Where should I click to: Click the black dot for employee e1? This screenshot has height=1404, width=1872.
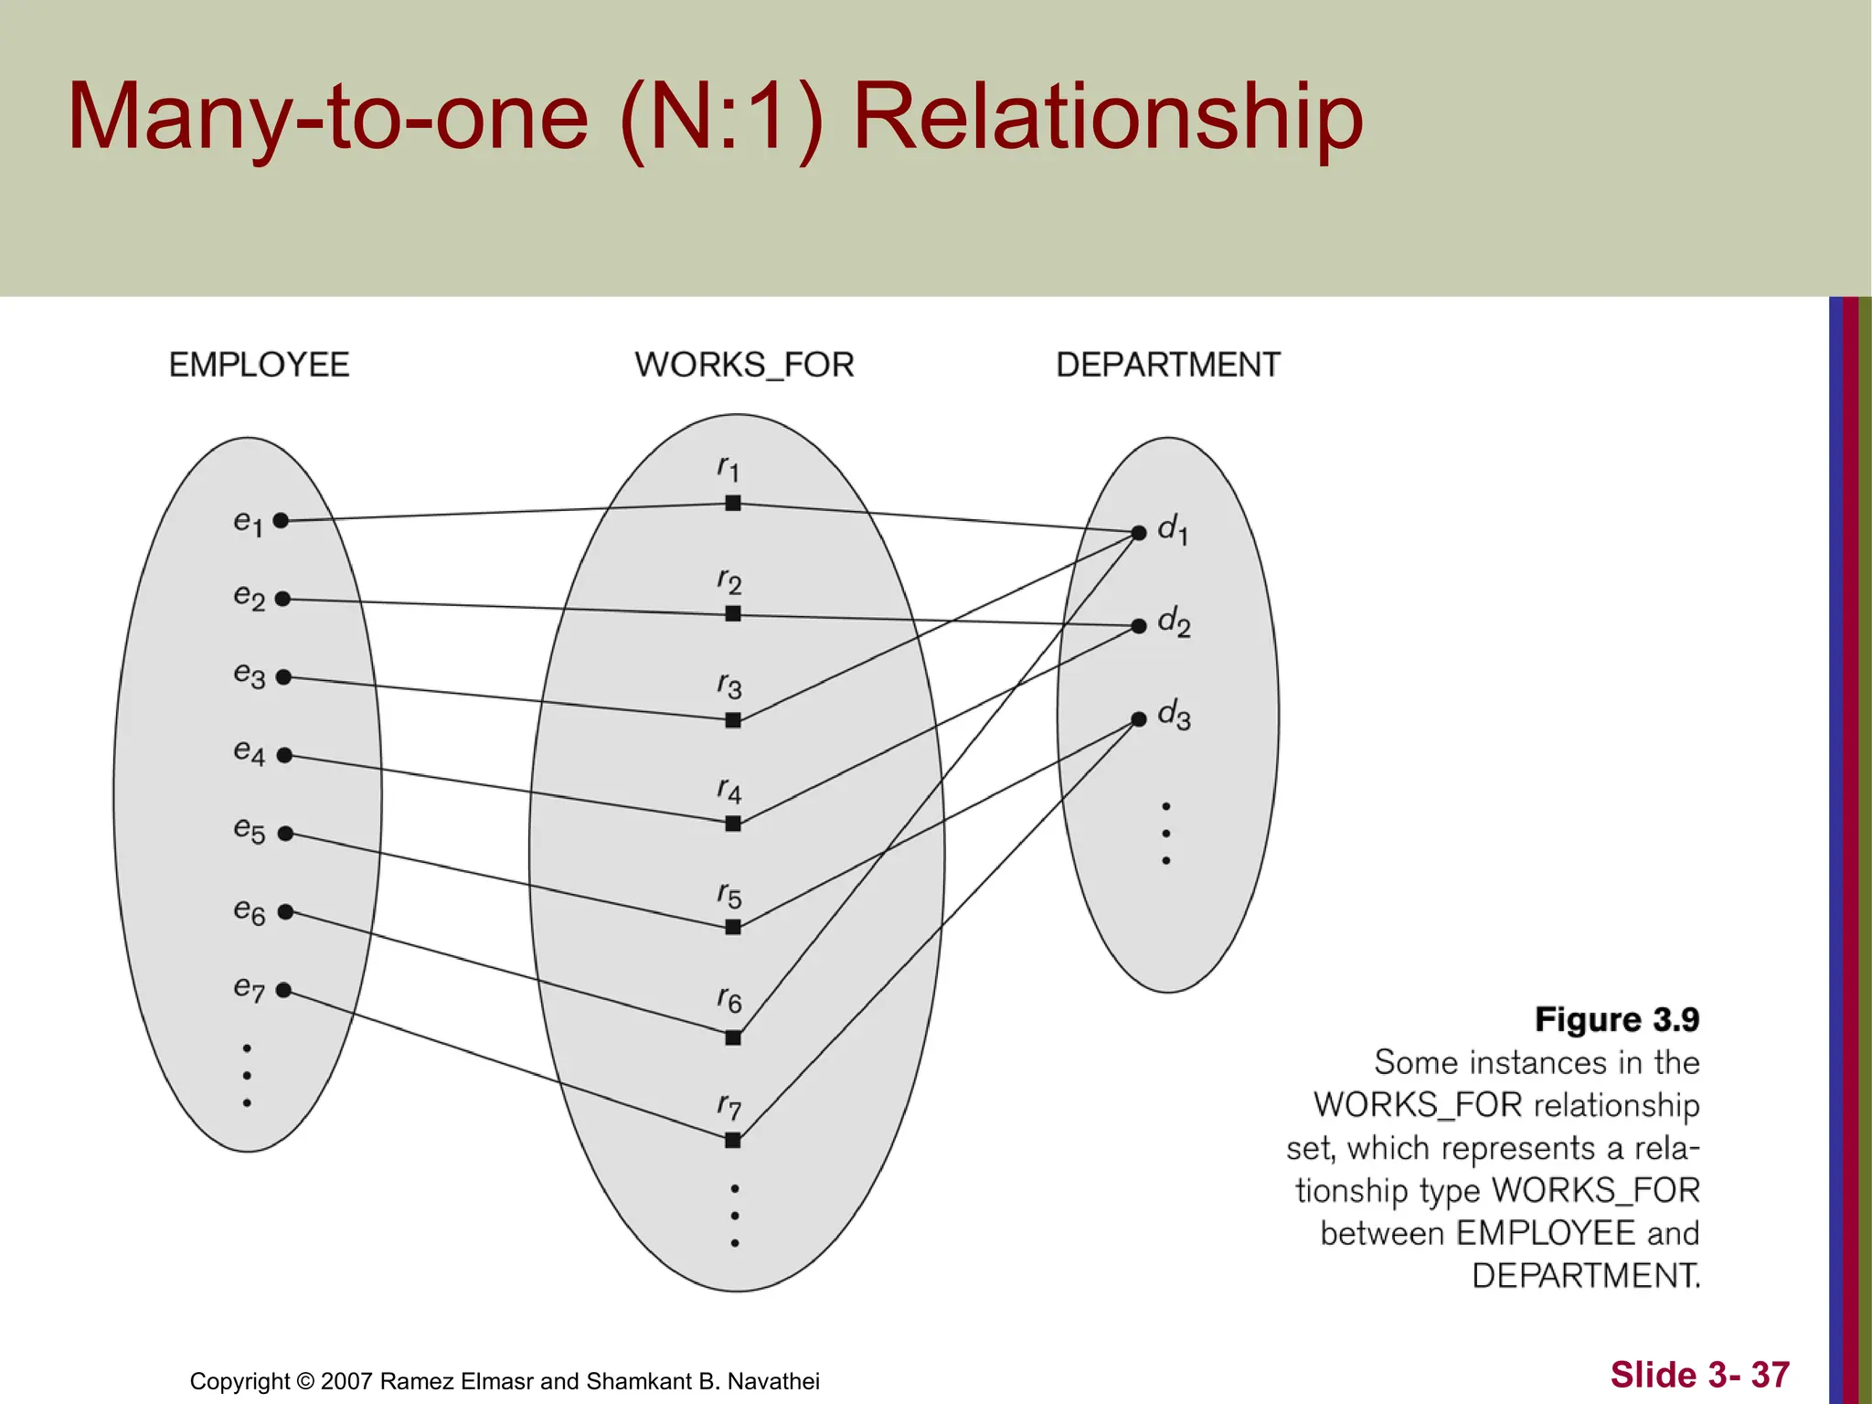click(282, 520)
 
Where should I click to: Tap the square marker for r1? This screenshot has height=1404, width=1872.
click(732, 503)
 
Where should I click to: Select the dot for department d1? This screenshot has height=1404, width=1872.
click(1139, 532)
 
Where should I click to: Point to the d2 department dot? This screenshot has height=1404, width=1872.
click(1139, 626)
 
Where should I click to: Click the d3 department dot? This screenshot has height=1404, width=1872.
click(1139, 719)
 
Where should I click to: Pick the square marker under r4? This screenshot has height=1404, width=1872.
click(732, 824)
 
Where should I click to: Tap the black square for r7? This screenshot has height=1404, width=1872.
click(732, 1140)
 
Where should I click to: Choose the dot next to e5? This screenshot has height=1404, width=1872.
click(285, 834)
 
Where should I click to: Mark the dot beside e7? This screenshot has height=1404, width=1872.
click(283, 990)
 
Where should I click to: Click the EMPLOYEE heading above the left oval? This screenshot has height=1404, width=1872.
click(259, 365)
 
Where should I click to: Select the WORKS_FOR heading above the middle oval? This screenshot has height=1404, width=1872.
click(744, 365)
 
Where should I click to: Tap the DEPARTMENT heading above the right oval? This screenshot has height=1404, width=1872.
click(1167, 365)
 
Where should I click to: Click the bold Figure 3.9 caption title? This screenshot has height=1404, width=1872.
click(1616, 1019)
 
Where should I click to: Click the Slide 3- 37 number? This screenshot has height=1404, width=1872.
click(1699, 1375)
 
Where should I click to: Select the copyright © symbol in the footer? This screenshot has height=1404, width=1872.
click(305, 1381)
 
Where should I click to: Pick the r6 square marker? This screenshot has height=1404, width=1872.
click(732, 1037)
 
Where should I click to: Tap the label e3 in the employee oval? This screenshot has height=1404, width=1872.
click(249, 675)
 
